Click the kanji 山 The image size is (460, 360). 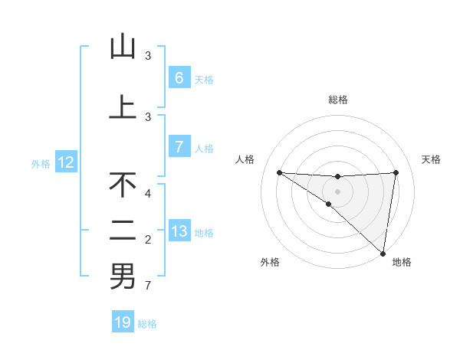click(x=123, y=47)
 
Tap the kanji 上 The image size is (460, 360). click(x=123, y=107)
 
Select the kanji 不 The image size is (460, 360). click(x=123, y=185)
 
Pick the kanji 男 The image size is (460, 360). click(x=123, y=277)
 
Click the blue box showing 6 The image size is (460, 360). click(x=179, y=78)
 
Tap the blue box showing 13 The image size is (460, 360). click(x=179, y=231)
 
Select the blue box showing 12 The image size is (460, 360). click(x=65, y=162)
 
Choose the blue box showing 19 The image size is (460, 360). click(x=123, y=322)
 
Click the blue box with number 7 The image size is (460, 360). click(x=179, y=147)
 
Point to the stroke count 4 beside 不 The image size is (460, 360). click(x=148, y=194)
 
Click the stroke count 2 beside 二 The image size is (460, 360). click(x=148, y=241)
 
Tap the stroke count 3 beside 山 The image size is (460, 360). click(x=148, y=56)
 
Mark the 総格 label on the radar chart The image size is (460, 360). click(x=338, y=100)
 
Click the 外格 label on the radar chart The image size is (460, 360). click(x=270, y=262)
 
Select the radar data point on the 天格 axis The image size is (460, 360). click(x=396, y=172)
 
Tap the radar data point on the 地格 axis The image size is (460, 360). click(x=383, y=253)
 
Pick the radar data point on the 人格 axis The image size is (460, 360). click(x=279, y=172)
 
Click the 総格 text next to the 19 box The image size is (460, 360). click(x=147, y=324)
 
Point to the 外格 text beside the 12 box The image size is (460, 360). click(x=40, y=163)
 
